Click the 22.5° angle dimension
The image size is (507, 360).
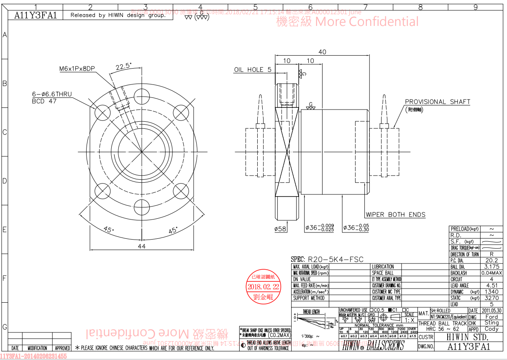coord(123,66)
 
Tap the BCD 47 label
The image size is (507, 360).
coord(44,101)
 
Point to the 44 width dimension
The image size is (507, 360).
coord(141,246)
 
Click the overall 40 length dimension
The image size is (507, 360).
coord(322,52)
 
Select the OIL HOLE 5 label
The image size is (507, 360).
coord(253,70)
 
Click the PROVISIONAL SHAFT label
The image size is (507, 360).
coord(438,102)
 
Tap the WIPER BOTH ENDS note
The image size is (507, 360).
coord(396,214)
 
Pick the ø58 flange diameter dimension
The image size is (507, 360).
coord(280,229)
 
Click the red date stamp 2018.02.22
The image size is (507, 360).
coord(263,287)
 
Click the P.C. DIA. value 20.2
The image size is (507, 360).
coord(492,260)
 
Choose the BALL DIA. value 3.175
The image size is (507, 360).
coord(492,266)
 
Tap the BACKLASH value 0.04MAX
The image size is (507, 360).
coord(492,273)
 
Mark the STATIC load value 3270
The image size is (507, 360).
coord(492,298)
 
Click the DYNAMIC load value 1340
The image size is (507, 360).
coord(492,291)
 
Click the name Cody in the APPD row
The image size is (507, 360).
coord(492,329)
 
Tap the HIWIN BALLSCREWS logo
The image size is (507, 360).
coord(373,345)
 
